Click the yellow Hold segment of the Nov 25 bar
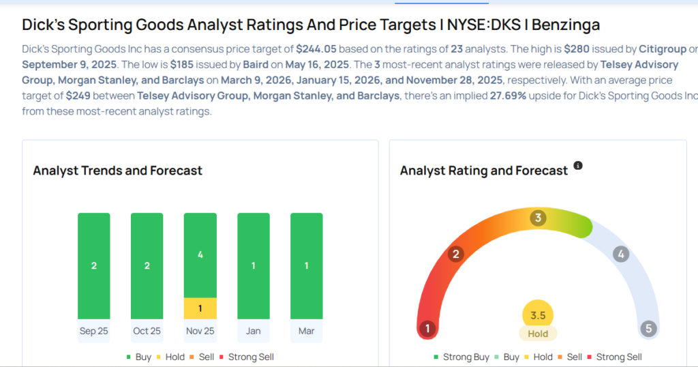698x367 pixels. click(200, 308)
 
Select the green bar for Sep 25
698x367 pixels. click(94, 265)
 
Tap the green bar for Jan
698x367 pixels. click(253, 265)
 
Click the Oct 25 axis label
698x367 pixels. click(147, 331)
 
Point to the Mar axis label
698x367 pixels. click(306, 331)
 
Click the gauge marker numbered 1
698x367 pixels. click(427, 329)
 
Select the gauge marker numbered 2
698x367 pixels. click(456, 254)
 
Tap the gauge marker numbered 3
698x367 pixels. click(538, 218)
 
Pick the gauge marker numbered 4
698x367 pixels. click(620, 254)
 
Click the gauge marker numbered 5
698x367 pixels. click(648, 329)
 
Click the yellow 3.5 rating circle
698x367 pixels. click(538, 315)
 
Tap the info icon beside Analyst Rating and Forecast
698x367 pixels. click(578, 166)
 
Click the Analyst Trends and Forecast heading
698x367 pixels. click(117, 171)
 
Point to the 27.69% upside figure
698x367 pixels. click(508, 96)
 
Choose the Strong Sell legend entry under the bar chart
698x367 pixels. click(251, 357)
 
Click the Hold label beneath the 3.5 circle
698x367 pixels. click(538, 334)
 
